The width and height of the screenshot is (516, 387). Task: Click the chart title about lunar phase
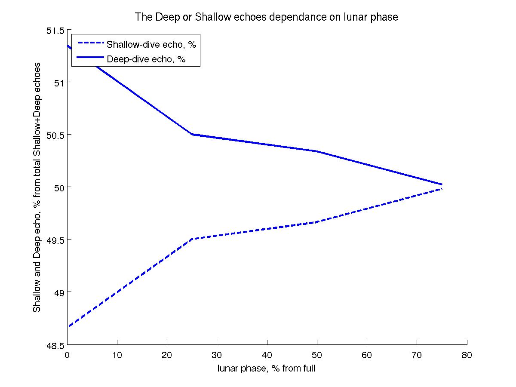click(267, 17)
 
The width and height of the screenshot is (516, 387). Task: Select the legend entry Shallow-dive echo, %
click(154, 44)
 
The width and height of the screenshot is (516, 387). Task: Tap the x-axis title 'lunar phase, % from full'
click(267, 369)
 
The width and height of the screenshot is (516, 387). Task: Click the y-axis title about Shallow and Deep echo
click(38, 187)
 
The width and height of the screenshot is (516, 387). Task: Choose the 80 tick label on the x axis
click(467, 356)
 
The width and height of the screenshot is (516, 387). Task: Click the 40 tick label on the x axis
click(267, 356)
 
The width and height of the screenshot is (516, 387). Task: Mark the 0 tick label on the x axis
click(67, 356)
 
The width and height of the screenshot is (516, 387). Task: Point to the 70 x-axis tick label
click(417, 356)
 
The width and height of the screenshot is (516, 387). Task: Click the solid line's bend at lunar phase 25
click(192, 134)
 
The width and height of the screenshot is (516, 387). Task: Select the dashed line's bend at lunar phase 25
click(192, 239)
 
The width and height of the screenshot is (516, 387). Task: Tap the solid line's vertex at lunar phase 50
click(317, 151)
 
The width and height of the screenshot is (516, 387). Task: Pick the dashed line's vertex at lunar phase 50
click(317, 222)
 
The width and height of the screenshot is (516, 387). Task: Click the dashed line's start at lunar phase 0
click(68, 327)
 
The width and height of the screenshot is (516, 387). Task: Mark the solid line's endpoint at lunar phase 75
click(442, 184)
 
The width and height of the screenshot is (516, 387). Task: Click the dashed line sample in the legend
click(89, 43)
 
